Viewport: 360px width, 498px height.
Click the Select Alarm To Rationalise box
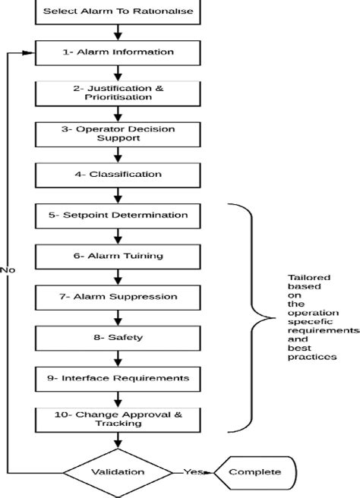(x=118, y=11)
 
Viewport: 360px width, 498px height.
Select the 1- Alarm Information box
(x=118, y=52)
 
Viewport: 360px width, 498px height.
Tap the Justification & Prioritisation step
(x=118, y=93)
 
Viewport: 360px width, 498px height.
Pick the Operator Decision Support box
(x=118, y=133)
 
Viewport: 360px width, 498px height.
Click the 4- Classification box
(x=118, y=175)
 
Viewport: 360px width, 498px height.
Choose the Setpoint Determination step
(x=118, y=215)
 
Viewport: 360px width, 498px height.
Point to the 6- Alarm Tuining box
(x=118, y=256)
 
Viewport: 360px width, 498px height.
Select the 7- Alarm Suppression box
(x=118, y=296)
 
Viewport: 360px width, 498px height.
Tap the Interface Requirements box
(x=118, y=377)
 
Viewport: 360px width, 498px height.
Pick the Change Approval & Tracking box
(x=118, y=419)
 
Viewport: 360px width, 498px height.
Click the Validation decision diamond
(x=118, y=471)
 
